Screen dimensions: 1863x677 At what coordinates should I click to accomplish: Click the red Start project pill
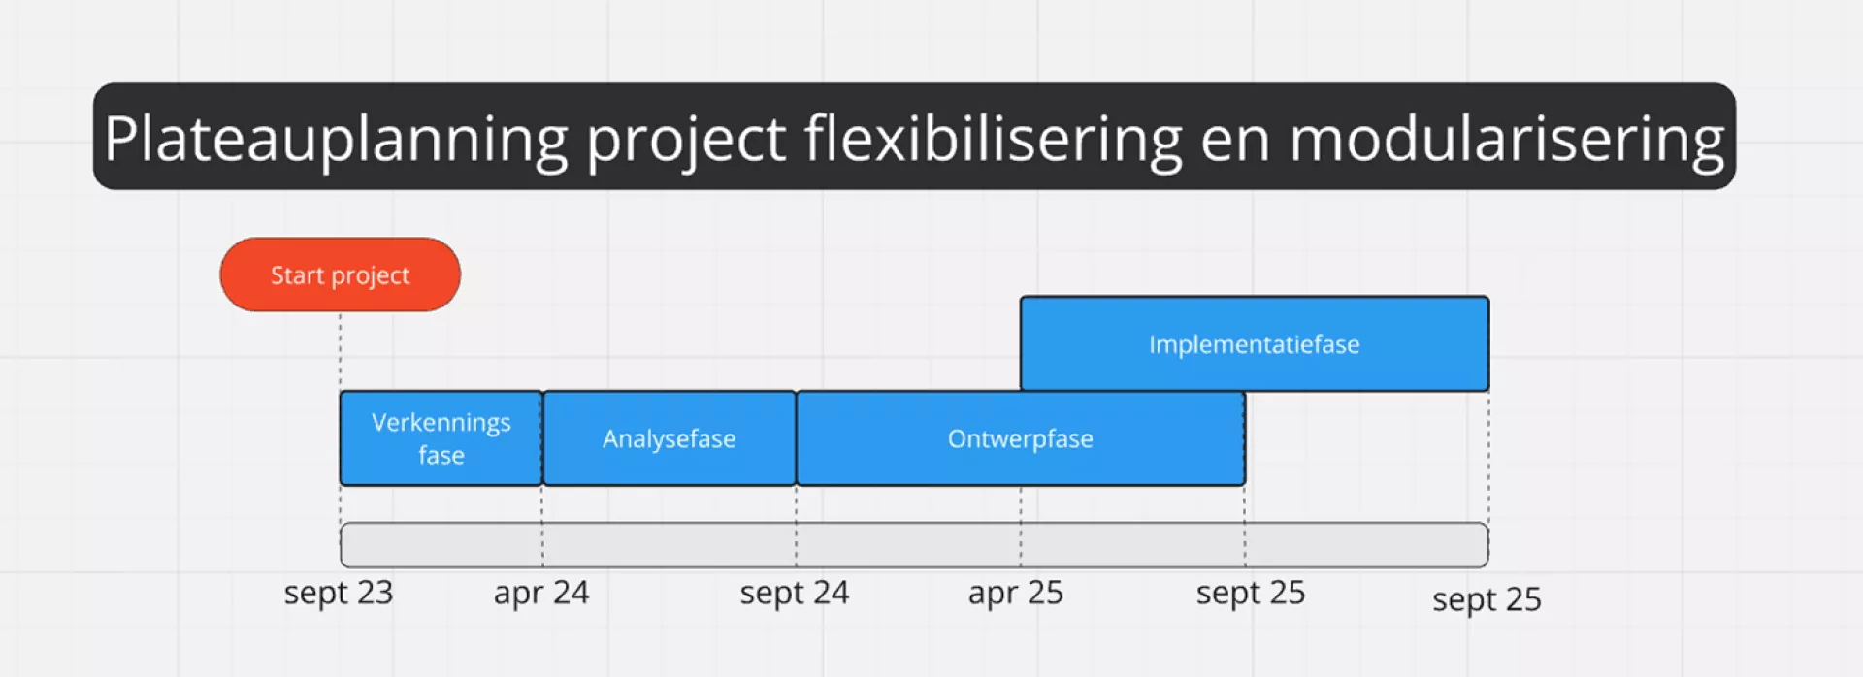click(341, 274)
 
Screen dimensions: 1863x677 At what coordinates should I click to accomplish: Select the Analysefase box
click(670, 438)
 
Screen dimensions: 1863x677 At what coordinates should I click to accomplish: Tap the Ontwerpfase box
click(1021, 438)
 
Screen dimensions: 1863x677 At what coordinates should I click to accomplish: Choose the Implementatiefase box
click(1255, 344)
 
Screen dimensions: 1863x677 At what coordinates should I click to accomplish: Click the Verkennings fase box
click(441, 438)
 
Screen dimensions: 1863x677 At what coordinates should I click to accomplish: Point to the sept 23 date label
click(339, 593)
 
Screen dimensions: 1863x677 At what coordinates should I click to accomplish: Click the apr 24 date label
click(541, 593)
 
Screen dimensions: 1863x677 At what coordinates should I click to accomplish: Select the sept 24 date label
click(795, 593)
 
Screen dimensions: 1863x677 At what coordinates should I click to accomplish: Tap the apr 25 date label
click(1016, 593)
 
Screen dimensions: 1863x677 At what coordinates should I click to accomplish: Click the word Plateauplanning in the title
click(336, 139)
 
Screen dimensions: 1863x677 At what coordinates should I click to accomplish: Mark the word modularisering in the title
click(1507, 139)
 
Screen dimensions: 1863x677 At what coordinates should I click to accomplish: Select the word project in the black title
click(686, 142)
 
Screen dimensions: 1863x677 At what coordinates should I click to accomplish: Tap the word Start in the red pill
click(297, 275)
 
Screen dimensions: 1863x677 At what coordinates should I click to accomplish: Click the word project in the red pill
click(371, 277)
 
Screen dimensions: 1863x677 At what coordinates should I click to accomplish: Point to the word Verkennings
click(441, 423)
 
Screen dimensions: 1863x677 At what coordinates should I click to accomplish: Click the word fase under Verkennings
click(441, 455)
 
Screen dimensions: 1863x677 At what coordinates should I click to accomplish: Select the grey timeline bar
click(914, 545)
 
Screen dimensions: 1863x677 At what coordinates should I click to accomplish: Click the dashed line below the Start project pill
click(341, 351)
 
